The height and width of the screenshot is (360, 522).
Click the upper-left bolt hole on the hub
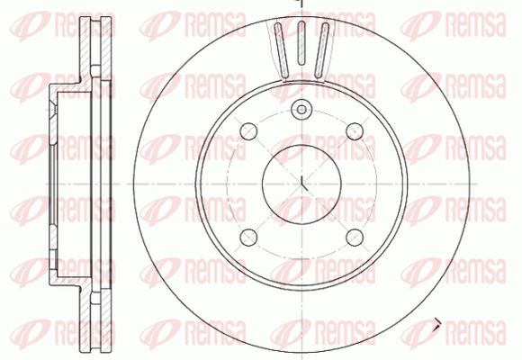248,131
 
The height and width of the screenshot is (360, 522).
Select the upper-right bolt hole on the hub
355,131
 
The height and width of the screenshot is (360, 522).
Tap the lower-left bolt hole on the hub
248,237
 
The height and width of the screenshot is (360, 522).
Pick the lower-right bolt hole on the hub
355,237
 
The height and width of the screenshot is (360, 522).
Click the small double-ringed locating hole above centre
301,109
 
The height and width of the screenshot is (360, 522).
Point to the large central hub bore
301,184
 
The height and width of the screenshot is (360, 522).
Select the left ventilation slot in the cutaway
282,50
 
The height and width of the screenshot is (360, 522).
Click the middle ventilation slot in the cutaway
301,42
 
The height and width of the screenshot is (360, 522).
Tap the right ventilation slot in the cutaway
321,50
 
